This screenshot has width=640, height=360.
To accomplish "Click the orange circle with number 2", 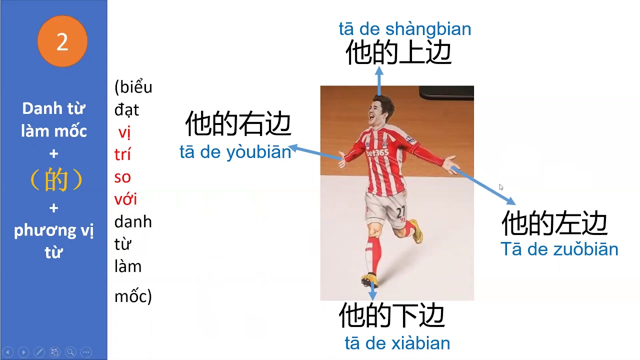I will (62, 41).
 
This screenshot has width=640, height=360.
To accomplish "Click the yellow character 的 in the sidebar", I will (55, 180).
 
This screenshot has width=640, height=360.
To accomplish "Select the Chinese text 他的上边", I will (398, 52).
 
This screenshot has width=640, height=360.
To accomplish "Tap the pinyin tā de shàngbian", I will (404, 29).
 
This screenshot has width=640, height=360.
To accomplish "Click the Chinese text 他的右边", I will (238, 124).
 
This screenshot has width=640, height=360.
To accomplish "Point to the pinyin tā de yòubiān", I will (235, 152).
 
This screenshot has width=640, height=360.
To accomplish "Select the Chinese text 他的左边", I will (554, 223).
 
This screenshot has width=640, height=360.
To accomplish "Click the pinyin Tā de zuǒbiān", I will (559, 249).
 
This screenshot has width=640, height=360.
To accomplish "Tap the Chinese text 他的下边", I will (391, 315).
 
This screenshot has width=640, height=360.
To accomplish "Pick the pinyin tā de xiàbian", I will (397, 343).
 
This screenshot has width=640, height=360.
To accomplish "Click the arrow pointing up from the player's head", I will (379, 80).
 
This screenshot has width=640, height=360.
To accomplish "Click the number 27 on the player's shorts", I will (400, 212).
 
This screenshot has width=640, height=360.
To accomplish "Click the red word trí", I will (122, 154).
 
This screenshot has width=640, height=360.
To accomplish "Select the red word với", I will (125, 199).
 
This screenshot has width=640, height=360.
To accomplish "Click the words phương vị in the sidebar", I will (53, 230).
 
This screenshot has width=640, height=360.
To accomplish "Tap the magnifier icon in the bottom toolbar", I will (70, 352).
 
